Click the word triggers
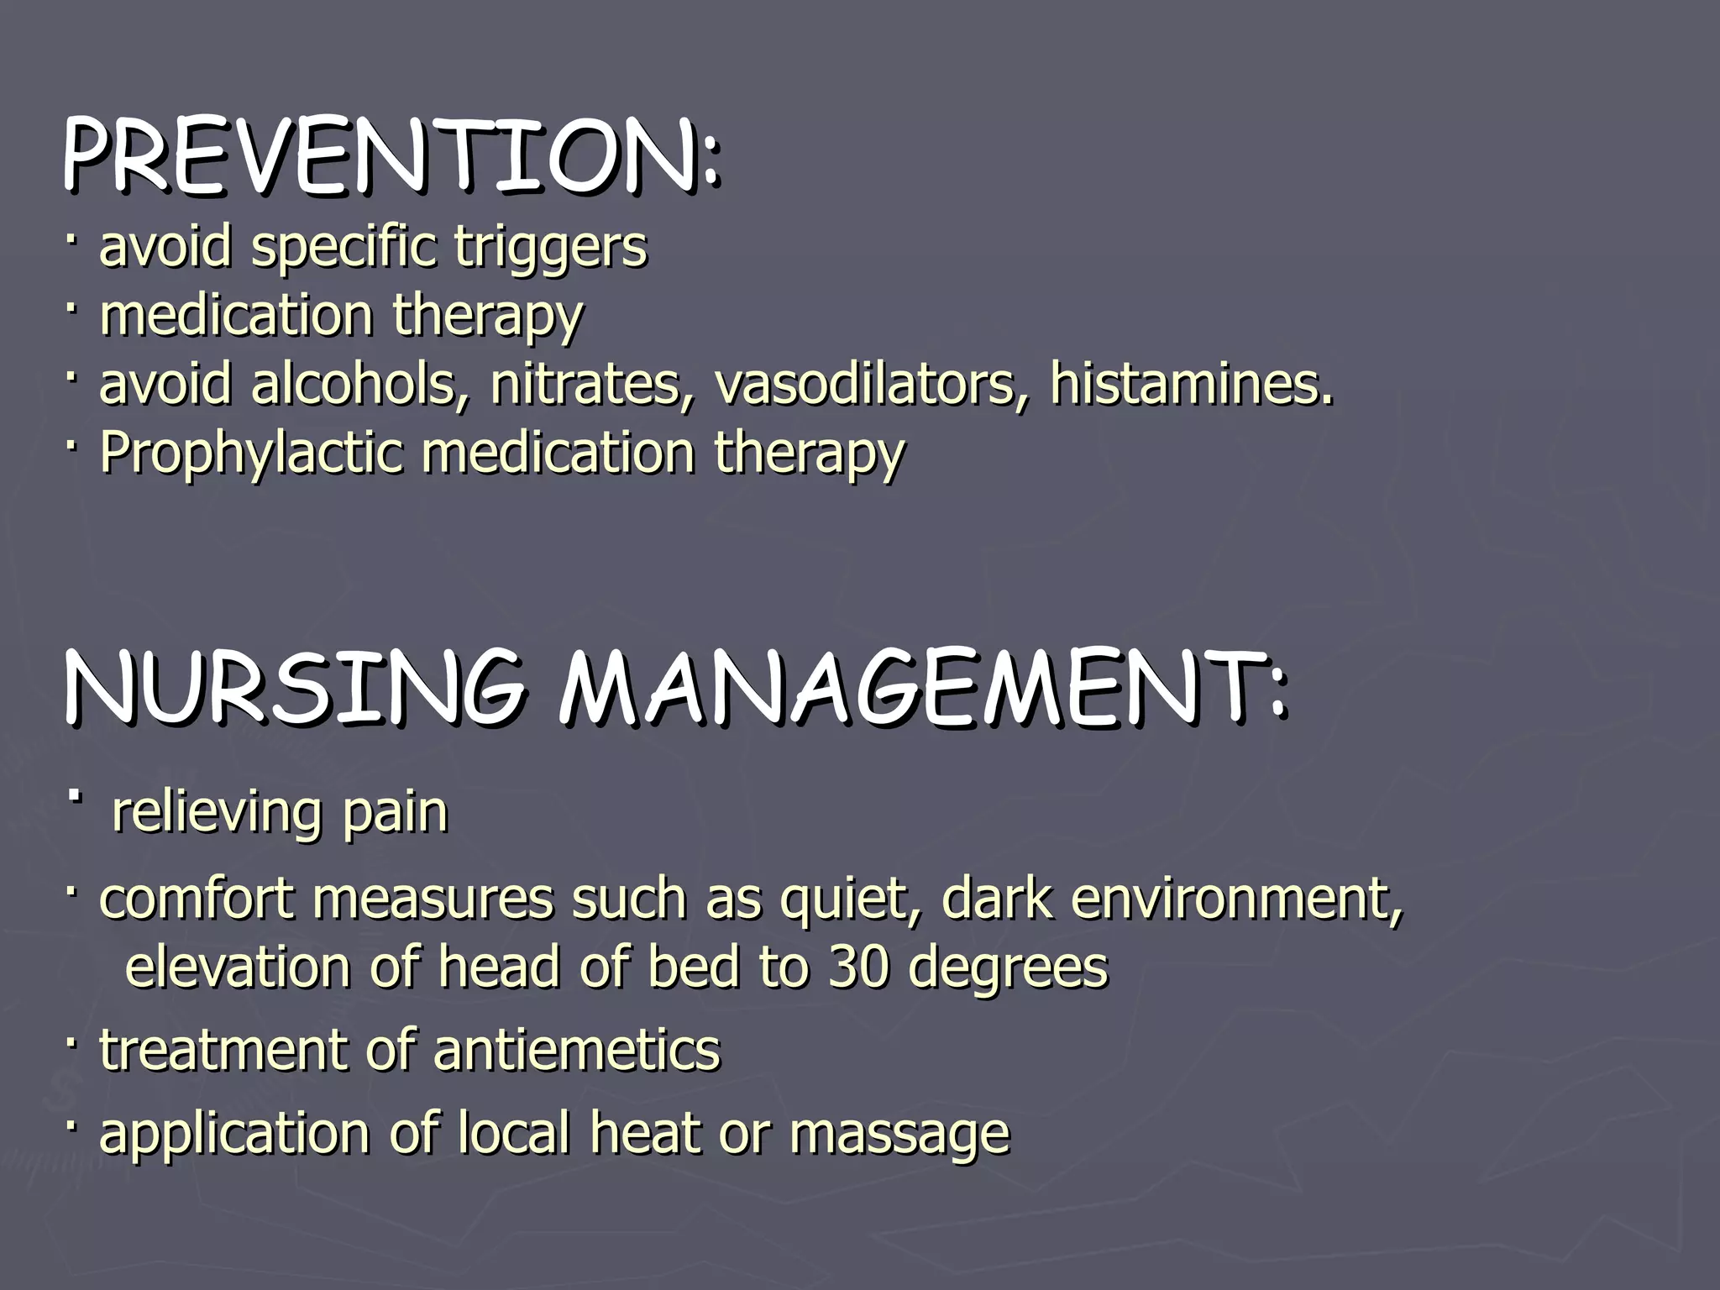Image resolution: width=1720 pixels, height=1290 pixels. (x=550, y=247)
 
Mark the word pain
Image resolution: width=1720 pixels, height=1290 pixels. (x=394, y=812)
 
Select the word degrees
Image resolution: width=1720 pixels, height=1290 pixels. (x=1009, y=968)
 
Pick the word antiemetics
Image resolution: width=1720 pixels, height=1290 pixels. (x=576, y=1050)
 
